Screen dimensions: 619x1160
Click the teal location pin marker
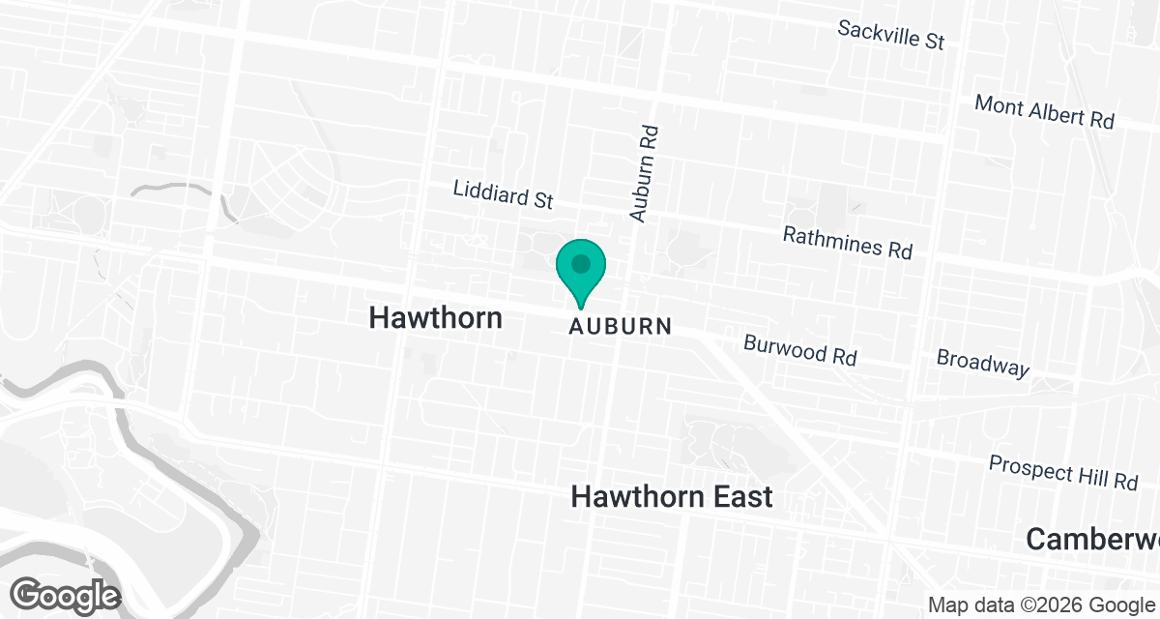580,271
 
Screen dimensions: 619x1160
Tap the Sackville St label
890,35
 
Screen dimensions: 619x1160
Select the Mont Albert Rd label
1044,111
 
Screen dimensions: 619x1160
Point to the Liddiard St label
503,193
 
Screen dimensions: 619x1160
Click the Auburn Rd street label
643,174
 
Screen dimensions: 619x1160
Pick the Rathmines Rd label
847,242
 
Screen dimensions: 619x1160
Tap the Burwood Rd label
799,349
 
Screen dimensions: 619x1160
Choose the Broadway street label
983,363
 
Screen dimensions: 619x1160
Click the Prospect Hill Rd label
1063,472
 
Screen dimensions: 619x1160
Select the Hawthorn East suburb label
672,497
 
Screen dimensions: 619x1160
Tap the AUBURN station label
620,326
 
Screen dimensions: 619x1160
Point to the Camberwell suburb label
1092,539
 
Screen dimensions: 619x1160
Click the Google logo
66,594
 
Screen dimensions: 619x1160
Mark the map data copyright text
1042,604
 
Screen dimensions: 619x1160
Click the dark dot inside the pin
580,263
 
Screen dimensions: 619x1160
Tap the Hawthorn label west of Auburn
436,317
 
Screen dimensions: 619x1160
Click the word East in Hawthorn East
739,497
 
